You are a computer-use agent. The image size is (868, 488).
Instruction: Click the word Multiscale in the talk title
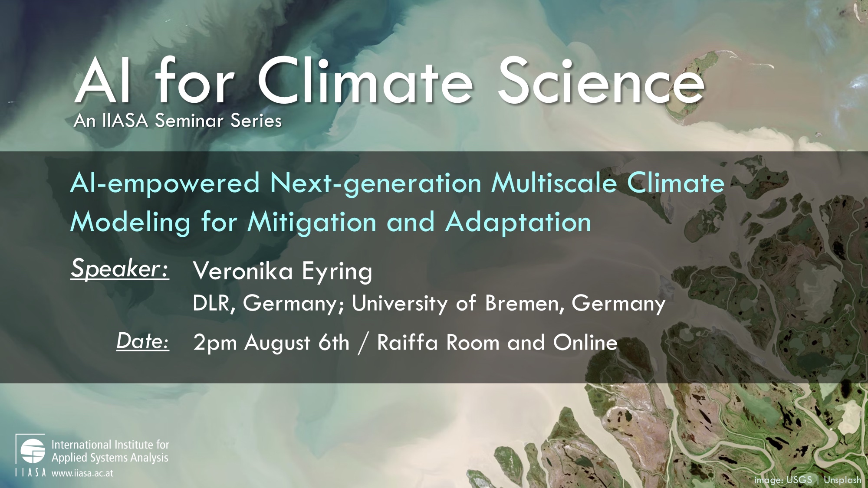click(554, 183)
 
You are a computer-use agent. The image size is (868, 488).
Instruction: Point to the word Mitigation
click(312, 223)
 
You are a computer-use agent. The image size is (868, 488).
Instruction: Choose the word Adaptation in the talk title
click(518, 223)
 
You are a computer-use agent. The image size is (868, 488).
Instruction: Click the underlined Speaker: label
click(120, 269)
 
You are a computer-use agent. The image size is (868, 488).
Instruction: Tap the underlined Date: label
click(143, 341)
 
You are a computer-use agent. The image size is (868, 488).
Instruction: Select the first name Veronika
click(243, 271)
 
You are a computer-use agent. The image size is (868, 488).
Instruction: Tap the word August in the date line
click(278, 343)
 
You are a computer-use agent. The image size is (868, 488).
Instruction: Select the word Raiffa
click(408, 342)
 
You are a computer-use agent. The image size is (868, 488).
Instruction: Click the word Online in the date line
click(585, 342)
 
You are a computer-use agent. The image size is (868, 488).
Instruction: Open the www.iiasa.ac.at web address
click(82, 473)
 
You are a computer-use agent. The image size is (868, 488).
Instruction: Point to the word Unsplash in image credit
click(842, 480)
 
